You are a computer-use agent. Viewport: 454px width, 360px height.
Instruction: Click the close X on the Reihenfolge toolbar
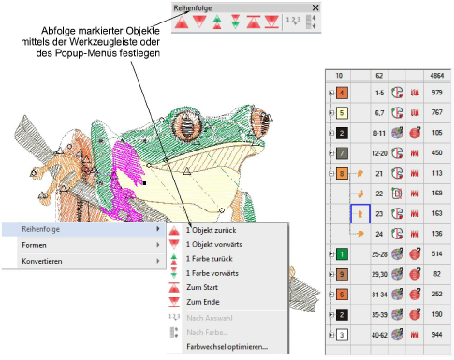pos(315,7)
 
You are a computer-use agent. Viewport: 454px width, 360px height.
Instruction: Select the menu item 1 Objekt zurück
pos(212,230)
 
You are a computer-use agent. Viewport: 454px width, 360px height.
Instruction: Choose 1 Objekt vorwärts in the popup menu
pos(214,244)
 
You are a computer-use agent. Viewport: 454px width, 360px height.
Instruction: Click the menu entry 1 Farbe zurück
pos(210,259)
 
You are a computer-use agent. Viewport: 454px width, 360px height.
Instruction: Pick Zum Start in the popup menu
pos(202,287)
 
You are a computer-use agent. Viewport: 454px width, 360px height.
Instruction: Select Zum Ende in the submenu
pos(203,302)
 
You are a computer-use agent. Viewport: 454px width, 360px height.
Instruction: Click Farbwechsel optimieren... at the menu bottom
pos(227,347)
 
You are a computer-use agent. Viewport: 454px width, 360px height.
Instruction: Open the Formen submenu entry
pos(34,245)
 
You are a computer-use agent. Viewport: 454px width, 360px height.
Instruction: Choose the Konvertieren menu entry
pos(42,261)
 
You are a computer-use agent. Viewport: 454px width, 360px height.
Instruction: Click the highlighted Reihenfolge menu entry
pos(40,229)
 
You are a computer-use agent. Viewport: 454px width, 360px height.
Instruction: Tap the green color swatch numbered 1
pos(342,254)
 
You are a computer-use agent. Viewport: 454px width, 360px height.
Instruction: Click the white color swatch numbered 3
pos(342,335)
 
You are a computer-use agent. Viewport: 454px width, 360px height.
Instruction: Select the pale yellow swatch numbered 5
pos(342,112)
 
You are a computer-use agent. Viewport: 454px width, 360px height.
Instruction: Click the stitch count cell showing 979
pos(437,93)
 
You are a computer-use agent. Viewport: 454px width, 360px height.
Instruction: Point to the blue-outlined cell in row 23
pos(360,214)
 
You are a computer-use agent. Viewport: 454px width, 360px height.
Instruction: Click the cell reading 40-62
pos(379,335)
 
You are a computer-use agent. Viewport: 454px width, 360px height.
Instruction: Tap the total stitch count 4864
pos(437,76)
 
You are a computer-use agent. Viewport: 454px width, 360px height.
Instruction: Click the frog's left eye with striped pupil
pos(186,124)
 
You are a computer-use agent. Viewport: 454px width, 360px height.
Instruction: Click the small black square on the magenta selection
pos(144,183)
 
